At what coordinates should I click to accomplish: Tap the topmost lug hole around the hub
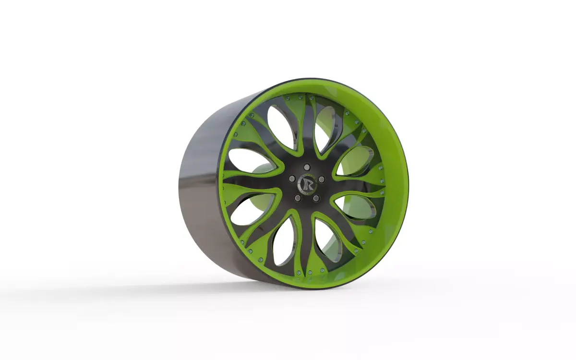307,167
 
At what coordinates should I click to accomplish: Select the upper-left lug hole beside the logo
292,179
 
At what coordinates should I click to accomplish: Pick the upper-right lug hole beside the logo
322,179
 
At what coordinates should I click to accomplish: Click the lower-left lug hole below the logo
298,197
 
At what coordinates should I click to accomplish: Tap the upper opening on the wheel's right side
355,161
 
